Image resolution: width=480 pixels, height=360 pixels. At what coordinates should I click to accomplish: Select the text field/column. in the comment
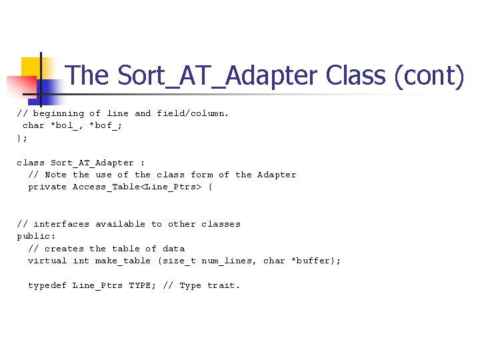click(193, 113)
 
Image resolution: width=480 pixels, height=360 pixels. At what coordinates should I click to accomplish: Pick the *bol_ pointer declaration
click(67, 125)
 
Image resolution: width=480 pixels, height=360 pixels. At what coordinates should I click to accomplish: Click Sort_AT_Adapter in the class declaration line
click(92, 163)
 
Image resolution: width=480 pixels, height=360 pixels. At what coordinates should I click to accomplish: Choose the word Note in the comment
click(55, 175)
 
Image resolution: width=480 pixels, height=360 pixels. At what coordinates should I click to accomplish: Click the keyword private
click(47, 187)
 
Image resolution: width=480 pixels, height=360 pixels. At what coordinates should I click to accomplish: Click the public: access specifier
click(36, 236)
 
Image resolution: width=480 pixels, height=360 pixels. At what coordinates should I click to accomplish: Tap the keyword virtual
click(47, 261)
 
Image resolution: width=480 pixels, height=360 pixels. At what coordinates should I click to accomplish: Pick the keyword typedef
click(47, 285)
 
